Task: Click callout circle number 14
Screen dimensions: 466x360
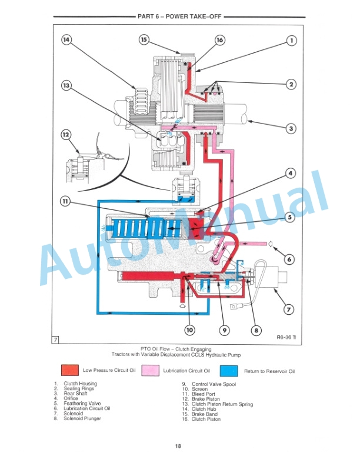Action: pos(66,40)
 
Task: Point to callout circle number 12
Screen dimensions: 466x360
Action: pos(66,135)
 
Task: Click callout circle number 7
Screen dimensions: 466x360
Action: pos(288,308)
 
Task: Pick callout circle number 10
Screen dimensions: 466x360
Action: pos(189,330)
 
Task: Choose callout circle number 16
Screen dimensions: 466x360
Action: pos(219,40)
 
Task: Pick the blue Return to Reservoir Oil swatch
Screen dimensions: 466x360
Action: pos(229,371)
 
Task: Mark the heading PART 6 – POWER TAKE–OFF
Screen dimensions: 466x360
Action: pos(178,17)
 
